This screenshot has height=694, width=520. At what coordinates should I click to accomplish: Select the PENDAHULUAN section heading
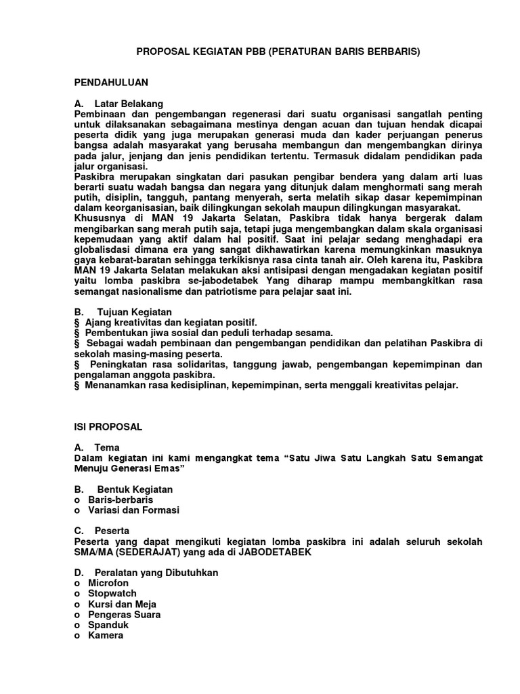[x=110, y=82]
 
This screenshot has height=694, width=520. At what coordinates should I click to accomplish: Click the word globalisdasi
[x=104, y=249]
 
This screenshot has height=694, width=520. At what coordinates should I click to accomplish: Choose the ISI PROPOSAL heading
[x=108, y=427]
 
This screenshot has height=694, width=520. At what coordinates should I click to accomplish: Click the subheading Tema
[x=107, y=447]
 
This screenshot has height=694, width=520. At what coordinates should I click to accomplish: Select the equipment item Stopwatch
[x=112, y=594]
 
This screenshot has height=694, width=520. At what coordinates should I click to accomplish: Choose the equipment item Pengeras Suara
[x=124, y=615]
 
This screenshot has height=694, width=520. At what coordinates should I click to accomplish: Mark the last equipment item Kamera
[x=106, y=636]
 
